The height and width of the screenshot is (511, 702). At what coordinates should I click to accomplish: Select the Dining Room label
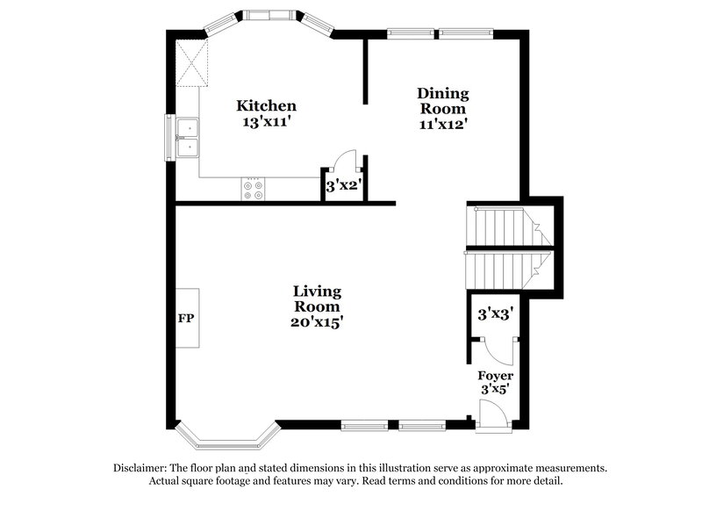442,101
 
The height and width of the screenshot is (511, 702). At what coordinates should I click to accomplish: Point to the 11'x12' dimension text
442,124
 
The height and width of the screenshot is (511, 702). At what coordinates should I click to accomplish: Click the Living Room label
317,299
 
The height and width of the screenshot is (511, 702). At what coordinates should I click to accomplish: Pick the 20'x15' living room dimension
317,322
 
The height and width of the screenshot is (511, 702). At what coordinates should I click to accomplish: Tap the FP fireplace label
186,318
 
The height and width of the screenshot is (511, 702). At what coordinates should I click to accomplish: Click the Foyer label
495,375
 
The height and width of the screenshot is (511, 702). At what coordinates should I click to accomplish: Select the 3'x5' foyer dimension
495,388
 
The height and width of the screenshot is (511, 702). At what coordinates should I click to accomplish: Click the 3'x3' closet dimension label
495,313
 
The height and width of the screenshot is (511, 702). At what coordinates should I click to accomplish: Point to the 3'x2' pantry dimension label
344,186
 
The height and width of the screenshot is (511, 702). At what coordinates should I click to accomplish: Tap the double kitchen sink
187,138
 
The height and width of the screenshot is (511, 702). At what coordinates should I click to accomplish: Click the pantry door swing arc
345,160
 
